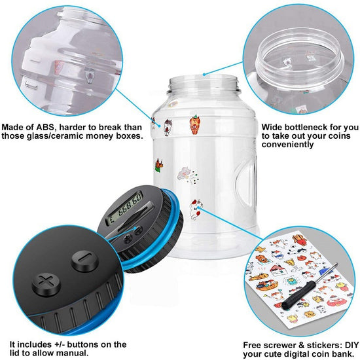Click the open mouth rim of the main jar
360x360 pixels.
pyautogui.click(x=204, y=81)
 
